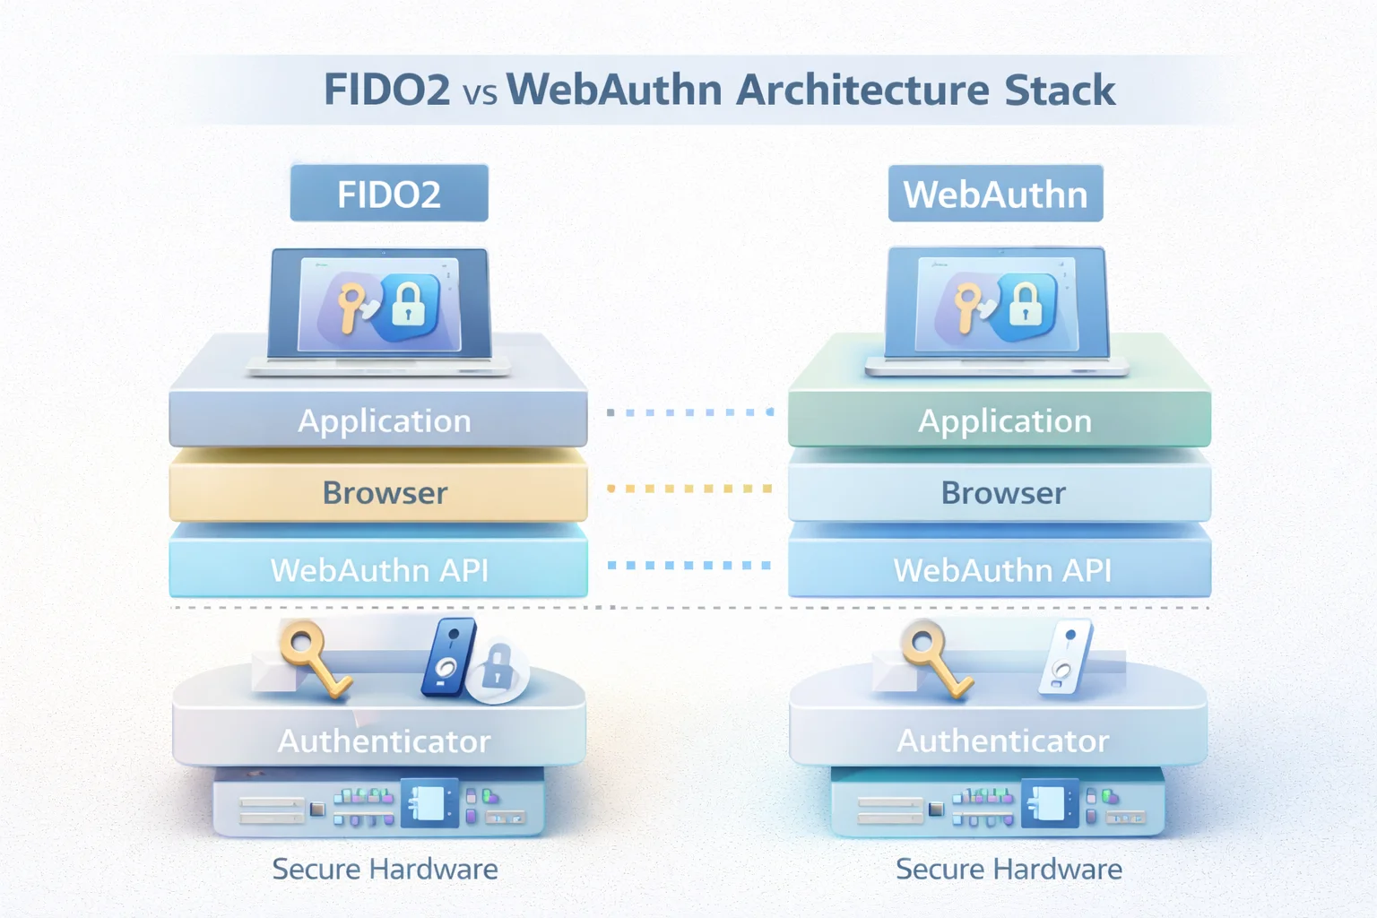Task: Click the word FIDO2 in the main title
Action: point(386,91)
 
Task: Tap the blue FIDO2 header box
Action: point(389,194)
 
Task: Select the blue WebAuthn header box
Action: point(995,194)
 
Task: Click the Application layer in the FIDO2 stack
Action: point(384,420)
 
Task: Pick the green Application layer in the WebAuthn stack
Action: point(1004,420)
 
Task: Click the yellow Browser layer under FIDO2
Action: point(384,492)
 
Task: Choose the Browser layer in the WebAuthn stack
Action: point(1002,492)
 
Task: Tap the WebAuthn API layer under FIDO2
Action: point(379,569)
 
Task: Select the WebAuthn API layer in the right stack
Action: point(1001,569)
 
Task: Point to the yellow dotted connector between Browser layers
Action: point(688,489)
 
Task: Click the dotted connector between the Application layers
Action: point(688,412)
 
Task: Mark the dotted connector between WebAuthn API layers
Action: point(688,565)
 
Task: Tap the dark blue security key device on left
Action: point(448,657)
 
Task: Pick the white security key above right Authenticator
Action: point(1066,656)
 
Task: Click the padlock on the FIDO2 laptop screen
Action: point(408,306)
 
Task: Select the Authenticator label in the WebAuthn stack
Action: point(1002,740)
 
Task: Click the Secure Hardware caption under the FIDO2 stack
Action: point(385,869)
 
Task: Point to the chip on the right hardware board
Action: point(1047,803)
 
